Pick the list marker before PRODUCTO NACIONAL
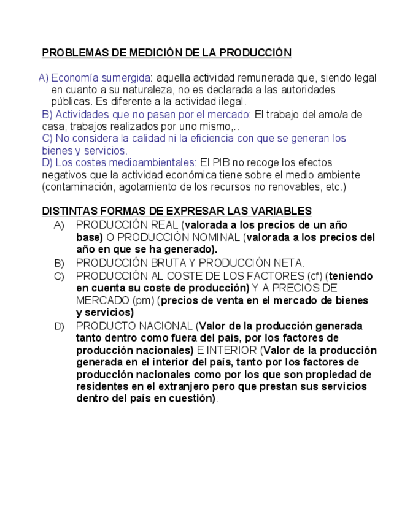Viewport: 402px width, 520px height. tap(59, 326)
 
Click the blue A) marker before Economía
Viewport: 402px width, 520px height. tap(43, 78)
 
